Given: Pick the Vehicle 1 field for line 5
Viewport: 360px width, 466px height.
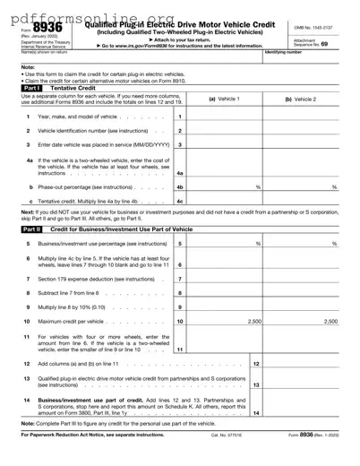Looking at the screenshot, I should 225,244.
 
